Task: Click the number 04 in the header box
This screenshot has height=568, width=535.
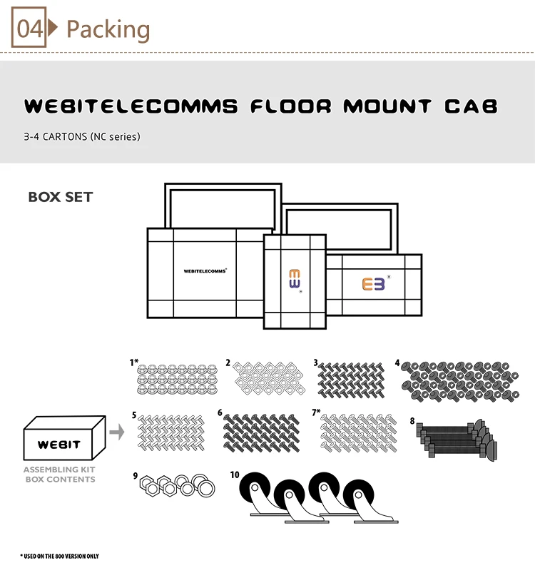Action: click(30, 29)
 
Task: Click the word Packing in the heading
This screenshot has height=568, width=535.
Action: click(108, 29)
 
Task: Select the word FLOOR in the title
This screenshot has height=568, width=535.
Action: click(289, 107)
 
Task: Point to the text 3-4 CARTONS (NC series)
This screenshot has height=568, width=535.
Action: click(82, 136)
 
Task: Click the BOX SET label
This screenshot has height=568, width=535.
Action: click(61, 197)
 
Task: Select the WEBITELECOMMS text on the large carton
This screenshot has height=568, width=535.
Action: click(205, 271)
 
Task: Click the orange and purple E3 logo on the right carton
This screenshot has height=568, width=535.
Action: click(373, 283)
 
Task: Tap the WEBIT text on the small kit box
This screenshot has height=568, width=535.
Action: click(58, 444)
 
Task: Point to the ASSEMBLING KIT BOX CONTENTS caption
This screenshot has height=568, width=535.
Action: click(59, 475)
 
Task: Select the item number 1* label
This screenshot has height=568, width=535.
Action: click(133, 362)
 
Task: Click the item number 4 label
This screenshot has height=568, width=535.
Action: click(397, 362)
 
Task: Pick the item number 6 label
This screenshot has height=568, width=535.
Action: click(220, 412)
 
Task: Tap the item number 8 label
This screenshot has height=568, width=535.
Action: click(412, 420)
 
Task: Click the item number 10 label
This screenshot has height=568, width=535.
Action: click(235, 474)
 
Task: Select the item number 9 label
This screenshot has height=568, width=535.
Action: click(135, 474)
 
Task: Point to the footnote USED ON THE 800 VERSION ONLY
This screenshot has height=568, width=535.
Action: click(60, 555)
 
